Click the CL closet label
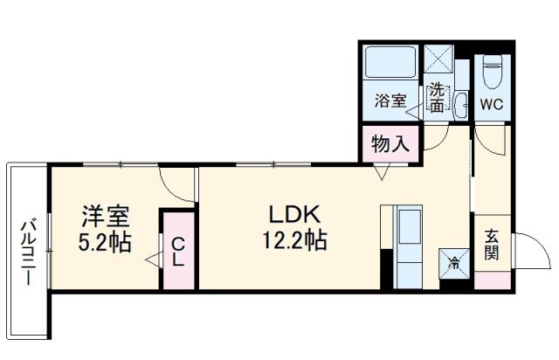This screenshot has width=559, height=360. pos(177,252)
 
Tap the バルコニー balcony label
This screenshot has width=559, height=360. pos(26,253)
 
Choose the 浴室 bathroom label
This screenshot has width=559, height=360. pos(390,100)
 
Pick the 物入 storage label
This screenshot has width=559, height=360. pos(390,143)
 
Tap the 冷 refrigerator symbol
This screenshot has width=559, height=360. pos(453,260)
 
